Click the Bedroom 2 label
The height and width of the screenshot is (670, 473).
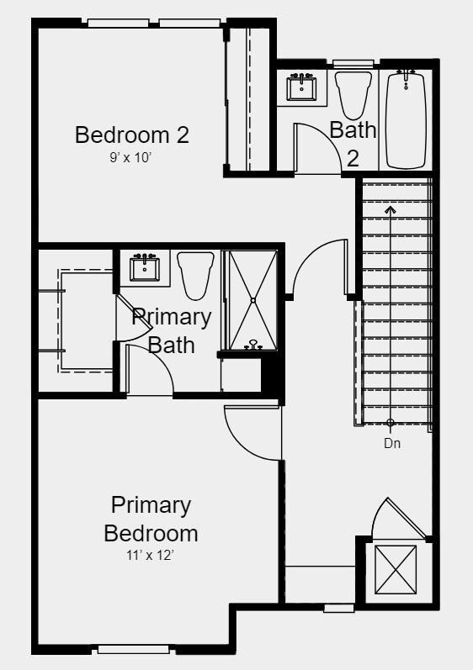[132, 135]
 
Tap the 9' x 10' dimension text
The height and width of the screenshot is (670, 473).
[131, 156]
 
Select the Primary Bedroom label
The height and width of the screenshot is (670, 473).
[151, 519]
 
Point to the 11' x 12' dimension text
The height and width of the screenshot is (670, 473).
[151, 554]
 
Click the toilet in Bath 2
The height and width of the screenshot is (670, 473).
[353, 93]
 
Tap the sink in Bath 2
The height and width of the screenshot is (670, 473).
[300, 86]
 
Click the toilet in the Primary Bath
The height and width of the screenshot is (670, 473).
[194, 274]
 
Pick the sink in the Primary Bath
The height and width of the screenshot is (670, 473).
[145, 267]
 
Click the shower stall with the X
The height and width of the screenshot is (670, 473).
[252, 298]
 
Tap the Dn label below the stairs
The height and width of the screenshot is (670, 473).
[392, 443]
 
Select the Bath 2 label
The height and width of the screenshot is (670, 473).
[353, 143]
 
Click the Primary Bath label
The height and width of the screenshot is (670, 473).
[172, 330]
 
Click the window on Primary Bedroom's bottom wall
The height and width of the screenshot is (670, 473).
[134, 648]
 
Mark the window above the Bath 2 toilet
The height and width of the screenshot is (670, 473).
[348, 63]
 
